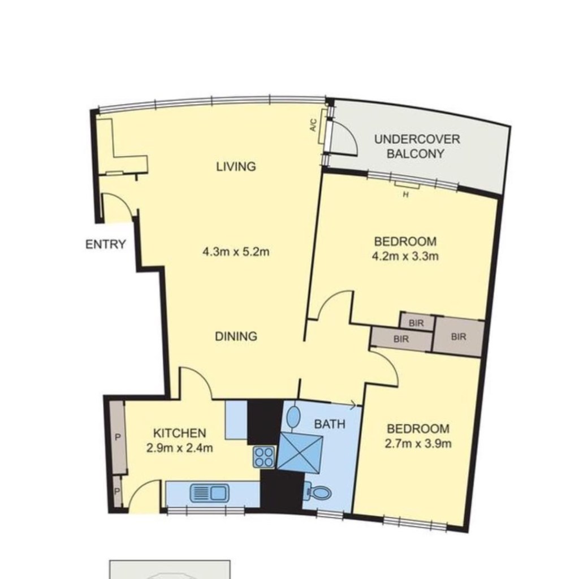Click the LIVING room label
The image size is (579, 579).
pyautogui.click(x=236, y=167)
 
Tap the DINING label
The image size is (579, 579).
pyautogui.click(x=236, y=336)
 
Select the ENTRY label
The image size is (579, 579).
pyautogui.click(x=106, y=244)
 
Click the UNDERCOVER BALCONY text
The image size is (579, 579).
pyautogui.click(x=417, y=146)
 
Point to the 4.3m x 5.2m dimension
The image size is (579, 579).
pyautogui.click(x=236, y=252)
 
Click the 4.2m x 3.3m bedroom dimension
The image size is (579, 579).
pyautogui.click(x=405, y=256)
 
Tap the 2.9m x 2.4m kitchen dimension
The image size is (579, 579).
pyautogui.click(x=179, y=448)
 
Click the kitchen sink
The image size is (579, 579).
pyautogui.click(x=209, y=493)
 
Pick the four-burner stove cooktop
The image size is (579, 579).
pyautogui.click(x=264, y=457)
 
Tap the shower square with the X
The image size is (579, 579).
pyautogui.click(x=300, y=453)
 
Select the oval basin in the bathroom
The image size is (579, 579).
pyautogui.click(x=293, y=417)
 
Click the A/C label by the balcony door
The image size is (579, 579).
pyautogui.click(x=313, y=125)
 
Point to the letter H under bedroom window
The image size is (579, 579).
pyautogui.click(x=405, y=195)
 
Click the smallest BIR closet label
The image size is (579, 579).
pyautogui.click(x=416, y=323)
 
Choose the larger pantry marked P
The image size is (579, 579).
pyautogui.click(x=118, y=438)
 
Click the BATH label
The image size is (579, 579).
pyautogui.click(x=330, y=424)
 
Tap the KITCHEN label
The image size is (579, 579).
pyautogui.click(x=179, y=433)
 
